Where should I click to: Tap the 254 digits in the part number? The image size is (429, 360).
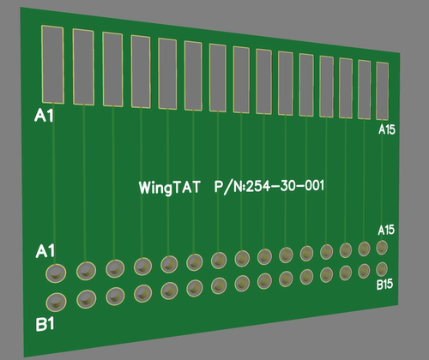click(258, 185)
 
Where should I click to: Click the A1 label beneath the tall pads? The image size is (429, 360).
click(44, 116)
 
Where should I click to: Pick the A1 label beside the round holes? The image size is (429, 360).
click(45, 251)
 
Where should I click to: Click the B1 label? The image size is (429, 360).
click(45, 325)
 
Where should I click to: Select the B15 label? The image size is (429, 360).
click(385, 285)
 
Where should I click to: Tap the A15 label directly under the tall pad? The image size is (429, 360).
click(387, 129)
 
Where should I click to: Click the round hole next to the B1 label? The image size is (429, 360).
click(57, 302)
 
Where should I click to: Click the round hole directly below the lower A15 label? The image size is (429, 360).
click(382, 248)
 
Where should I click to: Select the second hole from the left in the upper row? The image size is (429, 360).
click(86, 271)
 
